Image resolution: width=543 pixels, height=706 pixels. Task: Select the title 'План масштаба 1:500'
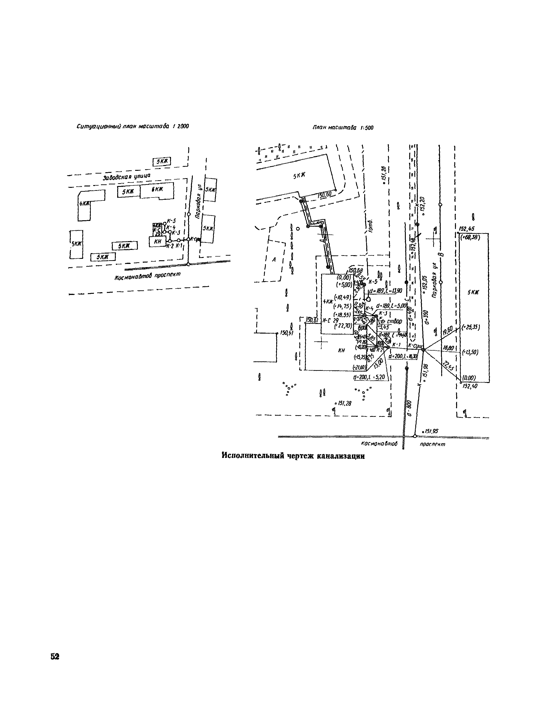[343, 128]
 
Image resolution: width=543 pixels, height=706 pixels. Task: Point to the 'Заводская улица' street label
[127, 176]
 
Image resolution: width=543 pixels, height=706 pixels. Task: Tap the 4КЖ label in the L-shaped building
[84, 203]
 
